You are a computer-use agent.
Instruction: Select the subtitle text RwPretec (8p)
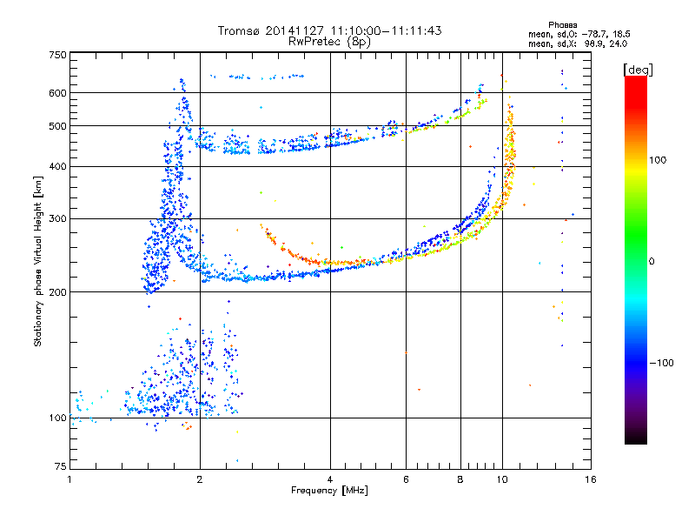[329, 42]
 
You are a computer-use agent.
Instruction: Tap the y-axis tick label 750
[57, 55]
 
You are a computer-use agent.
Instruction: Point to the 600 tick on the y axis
[57, 93]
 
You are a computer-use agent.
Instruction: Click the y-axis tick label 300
[57, 218]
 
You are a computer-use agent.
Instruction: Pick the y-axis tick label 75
[61, 466]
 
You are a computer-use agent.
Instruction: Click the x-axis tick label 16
[591, 479]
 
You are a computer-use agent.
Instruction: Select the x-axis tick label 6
[406, 479]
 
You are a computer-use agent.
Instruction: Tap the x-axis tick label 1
[69, 479]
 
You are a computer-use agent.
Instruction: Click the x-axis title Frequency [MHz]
[329, 491]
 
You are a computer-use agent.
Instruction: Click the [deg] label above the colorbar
[638, 70]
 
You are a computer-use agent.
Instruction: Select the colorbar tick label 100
[658, 160]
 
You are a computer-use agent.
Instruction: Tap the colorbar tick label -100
[662, 363]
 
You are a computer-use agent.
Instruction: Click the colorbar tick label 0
[652, 262]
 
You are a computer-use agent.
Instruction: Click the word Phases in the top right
[562, 25]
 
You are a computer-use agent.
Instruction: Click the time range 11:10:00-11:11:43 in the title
[386, 30]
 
